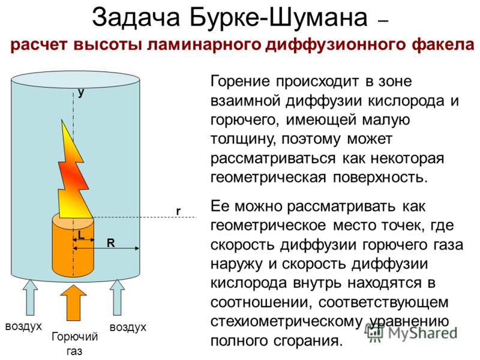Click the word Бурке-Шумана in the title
[278, 17]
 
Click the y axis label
[81, 92]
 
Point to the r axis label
[178, 211]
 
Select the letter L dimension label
[81, 235]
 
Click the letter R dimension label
[110, 243]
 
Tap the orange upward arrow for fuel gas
[73, 303]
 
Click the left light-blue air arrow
[30, 297]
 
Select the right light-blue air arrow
[117, 297]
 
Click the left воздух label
[23, 326]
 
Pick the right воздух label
[128, 328]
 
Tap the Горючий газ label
[74, 343]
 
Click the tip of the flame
[62, 120]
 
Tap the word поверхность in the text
[380, 178]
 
